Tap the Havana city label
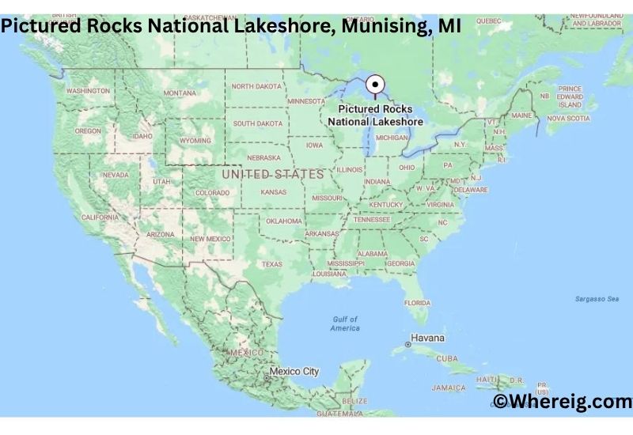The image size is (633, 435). point(427,338)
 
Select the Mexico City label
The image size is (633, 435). point(294,371)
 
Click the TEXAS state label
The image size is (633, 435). point(271,264)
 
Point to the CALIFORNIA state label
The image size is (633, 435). point(100,217)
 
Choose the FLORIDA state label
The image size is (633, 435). point(417,302)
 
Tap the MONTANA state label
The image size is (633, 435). point(180,93)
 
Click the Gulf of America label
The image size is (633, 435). point(345,323)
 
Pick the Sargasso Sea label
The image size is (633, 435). point(597,298)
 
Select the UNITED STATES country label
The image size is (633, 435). point(272,174)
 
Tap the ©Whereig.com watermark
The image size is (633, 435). point(563,402)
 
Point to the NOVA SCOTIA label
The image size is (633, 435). point(568,119)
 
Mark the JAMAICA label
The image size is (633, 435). point(449,388)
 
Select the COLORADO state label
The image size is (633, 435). point(212,192)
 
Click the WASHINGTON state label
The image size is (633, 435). point(88,91)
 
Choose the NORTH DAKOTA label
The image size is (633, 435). point(256,86)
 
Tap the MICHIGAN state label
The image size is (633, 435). point(391,137)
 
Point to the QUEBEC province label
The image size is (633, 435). point(489,21)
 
